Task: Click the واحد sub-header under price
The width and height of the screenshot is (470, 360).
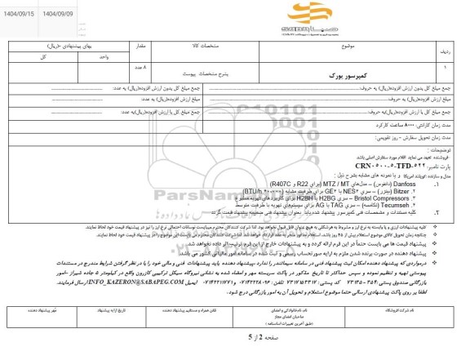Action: point(95,58)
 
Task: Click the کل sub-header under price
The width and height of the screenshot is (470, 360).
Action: point(33,58)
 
